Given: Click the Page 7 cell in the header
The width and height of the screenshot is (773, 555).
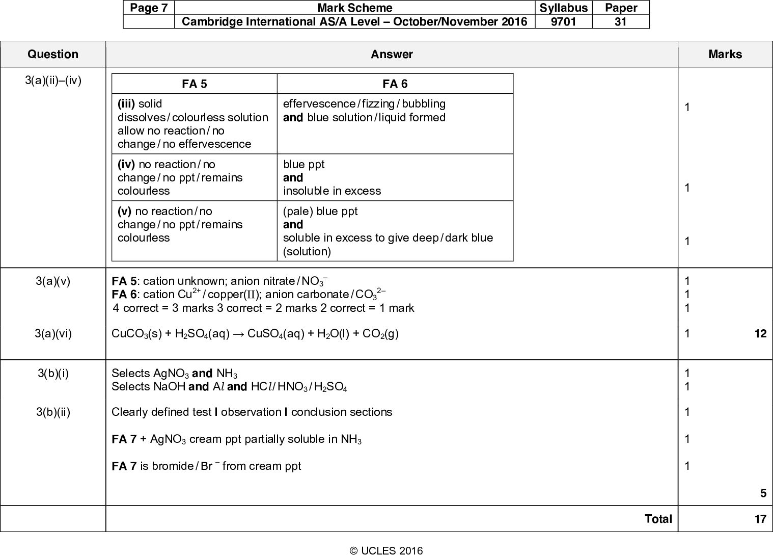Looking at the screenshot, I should [149, 8].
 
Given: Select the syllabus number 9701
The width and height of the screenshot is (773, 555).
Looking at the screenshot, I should [564, 21].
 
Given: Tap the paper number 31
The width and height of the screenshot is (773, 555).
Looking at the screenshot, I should [621, 21].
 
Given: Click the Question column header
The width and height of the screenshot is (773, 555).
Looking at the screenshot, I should [53, 55].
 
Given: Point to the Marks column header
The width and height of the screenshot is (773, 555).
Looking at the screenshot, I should [725, 55].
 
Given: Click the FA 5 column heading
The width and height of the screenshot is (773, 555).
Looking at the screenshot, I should [195, 84].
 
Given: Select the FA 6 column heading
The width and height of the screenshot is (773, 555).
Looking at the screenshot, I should [395, 84].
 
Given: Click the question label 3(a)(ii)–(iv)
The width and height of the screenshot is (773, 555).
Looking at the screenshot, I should [53, 81].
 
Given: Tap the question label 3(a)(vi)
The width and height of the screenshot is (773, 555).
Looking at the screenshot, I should [53, 334].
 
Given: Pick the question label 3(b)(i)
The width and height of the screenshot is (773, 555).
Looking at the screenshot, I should [53, 373].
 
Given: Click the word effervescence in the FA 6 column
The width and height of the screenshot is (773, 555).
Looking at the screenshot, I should [318, 104].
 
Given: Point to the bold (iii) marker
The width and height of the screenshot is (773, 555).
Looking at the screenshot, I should [126, 104].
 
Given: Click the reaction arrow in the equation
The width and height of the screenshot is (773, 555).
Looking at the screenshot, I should [237, 334].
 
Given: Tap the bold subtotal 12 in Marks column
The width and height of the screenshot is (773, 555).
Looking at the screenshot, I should [760, 334].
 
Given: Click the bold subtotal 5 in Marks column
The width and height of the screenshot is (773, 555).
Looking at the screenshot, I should [763, 493].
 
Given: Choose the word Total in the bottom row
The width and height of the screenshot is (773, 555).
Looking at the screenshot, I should [658, 519].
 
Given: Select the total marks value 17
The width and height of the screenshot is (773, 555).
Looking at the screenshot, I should [760, 519].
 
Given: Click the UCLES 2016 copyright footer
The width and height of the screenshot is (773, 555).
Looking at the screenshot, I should [386, 550].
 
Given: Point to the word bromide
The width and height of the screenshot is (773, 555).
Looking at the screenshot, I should [172, 466].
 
